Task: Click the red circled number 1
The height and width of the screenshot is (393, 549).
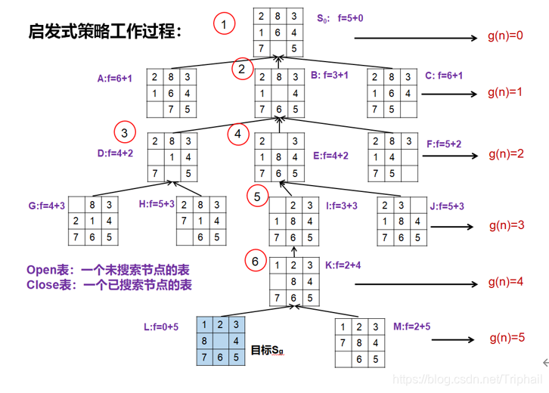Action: click(224, 25)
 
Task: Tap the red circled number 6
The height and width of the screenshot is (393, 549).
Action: click(256, 261)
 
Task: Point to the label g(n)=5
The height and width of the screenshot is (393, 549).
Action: click(507, 338)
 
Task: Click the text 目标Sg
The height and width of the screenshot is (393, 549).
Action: click(267, 350)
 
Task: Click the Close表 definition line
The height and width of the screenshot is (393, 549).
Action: click(109, 285)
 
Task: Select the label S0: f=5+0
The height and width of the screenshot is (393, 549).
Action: click(340, 17)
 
